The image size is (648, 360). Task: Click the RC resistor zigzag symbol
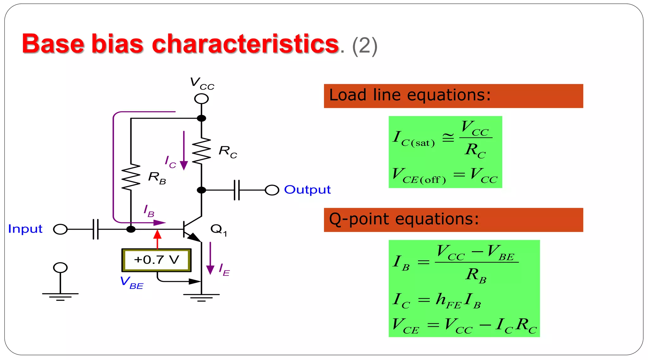click(x=201, y=151)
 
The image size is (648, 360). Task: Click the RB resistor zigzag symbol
click(x=131, y=177)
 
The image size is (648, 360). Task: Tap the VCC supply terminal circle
click(x=201, y=99)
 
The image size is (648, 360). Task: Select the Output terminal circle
click(x=272, y=190)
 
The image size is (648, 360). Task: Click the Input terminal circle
click(x=60, y=229)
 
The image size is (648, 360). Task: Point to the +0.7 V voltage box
click(x=157, y=260)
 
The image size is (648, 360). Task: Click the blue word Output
click(x=307, y=190)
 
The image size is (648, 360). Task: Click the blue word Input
click(x=25, y=229)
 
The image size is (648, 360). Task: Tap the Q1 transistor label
click(x=219, y=230)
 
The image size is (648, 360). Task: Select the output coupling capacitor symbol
click(x=237, y=190)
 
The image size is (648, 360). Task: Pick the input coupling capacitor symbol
click(x=96, y=229)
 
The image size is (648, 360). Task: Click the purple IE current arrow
click(x=210, y=258)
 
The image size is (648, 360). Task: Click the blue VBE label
click(x=132, y=282)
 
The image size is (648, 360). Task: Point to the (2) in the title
click(x=364, y=46)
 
